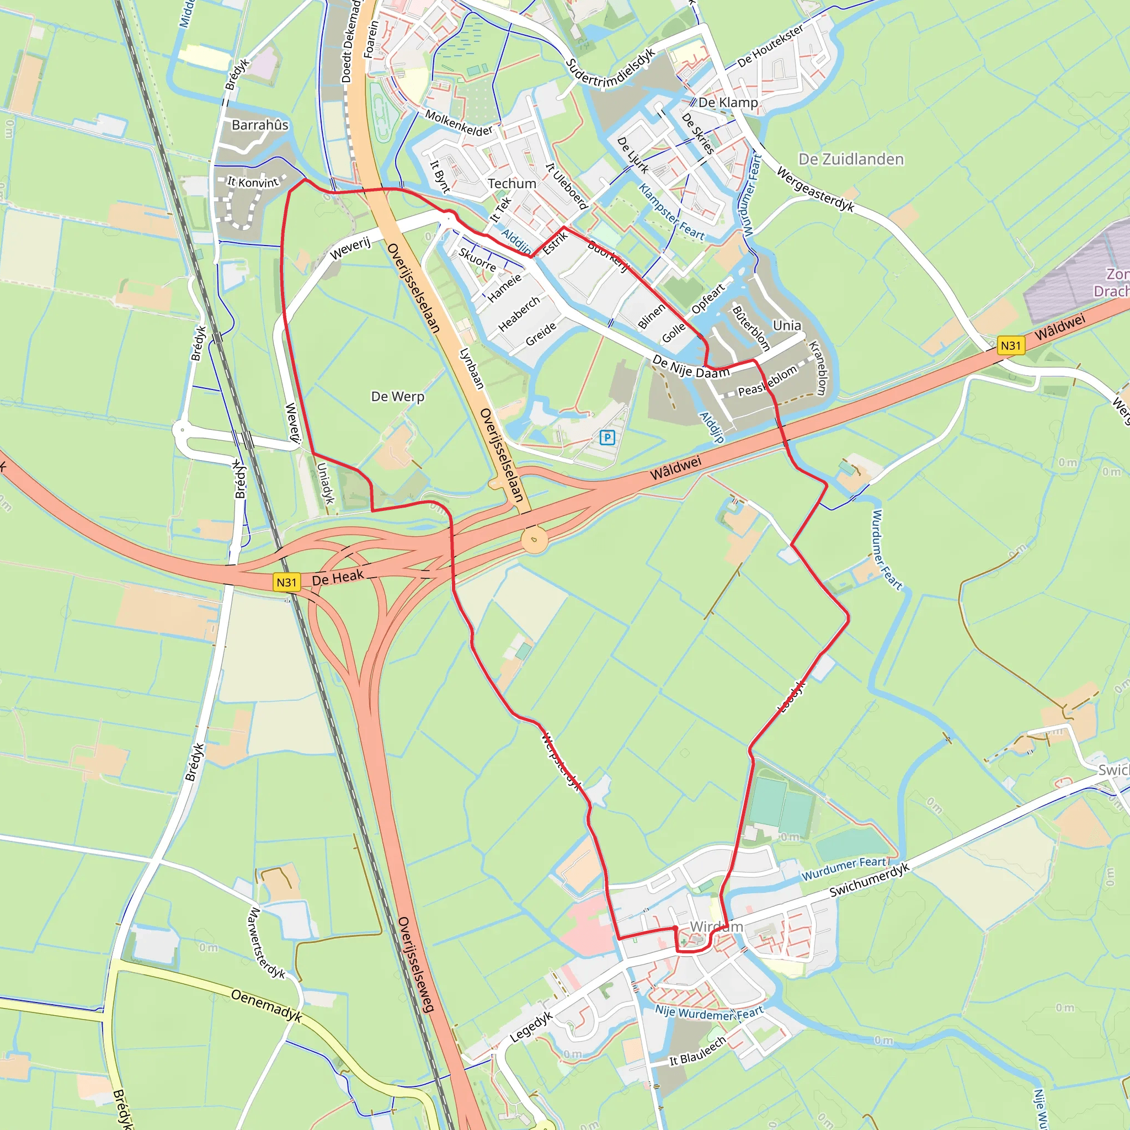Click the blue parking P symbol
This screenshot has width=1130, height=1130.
(x=607, y=437)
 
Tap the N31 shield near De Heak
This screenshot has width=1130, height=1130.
(x=286, y=582)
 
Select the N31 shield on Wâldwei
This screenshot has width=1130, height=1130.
(x=1010, y=345)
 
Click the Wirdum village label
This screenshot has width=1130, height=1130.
(x=717, y=926)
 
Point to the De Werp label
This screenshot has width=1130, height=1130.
(x=398, y=397)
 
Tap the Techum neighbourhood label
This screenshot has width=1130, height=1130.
(x=512, y=184)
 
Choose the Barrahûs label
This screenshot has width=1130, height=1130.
(x=260, y=125)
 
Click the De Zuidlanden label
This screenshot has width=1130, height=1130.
(x=851, y=159)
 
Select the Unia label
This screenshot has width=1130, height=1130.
(x=787, y=325)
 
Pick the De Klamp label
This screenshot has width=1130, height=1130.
(x=728, y=103)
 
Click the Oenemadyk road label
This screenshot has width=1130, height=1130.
(x=266, y=1005)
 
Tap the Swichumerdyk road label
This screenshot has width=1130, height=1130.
(x=870, y=880)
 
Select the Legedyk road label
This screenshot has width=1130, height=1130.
(x=531, y=1027)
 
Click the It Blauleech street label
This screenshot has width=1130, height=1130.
(x=698, y=1051)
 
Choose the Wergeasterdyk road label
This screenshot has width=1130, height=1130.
(x=815, y=189)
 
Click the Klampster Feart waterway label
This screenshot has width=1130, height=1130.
(x=671, y=212)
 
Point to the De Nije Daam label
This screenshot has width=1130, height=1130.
(x=691, y=367)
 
